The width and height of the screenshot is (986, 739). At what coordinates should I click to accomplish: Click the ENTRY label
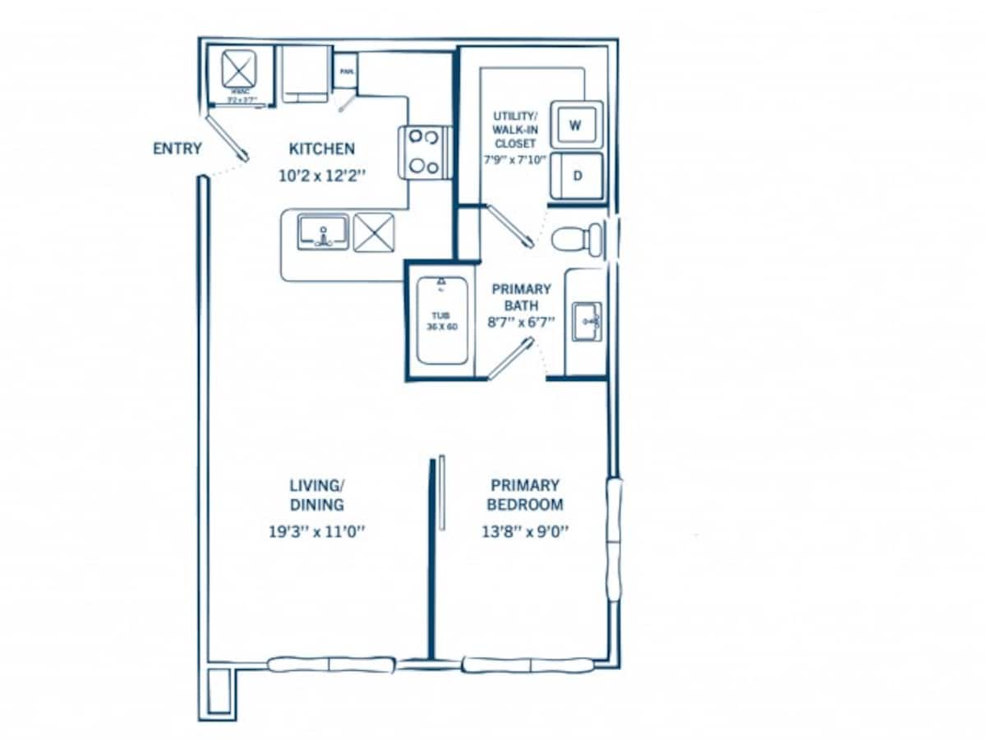pos(177,149)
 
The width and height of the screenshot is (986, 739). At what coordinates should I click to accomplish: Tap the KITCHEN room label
pos(322,149)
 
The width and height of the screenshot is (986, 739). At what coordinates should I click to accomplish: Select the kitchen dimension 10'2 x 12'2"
pos(322,175)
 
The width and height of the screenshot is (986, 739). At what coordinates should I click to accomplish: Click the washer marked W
pos(576,125)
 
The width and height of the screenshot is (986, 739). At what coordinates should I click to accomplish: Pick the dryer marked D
pos(577,175)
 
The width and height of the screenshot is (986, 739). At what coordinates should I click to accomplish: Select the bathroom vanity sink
pos(587,321)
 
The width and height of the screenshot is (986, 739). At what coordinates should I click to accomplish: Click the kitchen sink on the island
pos(323,232)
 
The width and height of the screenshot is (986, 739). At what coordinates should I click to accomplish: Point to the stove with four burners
pos(424,151)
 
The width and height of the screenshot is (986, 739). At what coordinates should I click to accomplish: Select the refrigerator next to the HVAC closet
pos(305,74)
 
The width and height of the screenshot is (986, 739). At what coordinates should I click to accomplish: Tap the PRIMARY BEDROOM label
pos(524,495)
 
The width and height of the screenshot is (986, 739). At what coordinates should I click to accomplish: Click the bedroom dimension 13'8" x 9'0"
pos(526,531)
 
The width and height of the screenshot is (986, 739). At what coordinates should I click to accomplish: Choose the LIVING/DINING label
pos(316,495)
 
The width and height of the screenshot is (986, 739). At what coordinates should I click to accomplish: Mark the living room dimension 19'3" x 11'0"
pos(316,531)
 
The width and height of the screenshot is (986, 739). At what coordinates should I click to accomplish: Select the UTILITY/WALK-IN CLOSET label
pos(514,130)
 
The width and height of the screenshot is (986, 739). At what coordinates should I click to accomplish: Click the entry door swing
pos(226,138)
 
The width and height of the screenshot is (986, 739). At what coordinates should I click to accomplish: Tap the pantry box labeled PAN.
pos(344,71)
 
